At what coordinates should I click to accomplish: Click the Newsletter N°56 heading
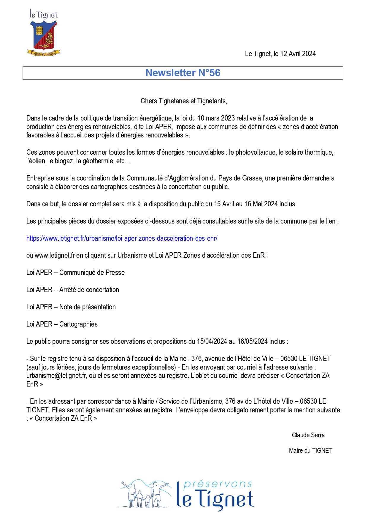[x=183, y=73]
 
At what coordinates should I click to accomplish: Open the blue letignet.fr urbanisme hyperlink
[x=122, y=238]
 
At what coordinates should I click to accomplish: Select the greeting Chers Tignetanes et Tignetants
[x=184, y=101]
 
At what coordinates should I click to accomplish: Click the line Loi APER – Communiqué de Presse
[x=75, y=273]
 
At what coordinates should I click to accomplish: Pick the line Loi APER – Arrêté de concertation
[x=73, y=290]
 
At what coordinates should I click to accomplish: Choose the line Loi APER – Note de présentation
[x=71, y=307]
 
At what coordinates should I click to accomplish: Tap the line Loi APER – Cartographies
[x=62, y=324]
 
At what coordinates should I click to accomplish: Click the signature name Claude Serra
[x=308, y=435]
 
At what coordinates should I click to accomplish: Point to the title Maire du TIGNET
[x=310, y=451]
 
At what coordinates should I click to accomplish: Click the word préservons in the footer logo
[x=218, y=484]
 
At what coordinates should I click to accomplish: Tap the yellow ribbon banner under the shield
[x=44, y=53]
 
